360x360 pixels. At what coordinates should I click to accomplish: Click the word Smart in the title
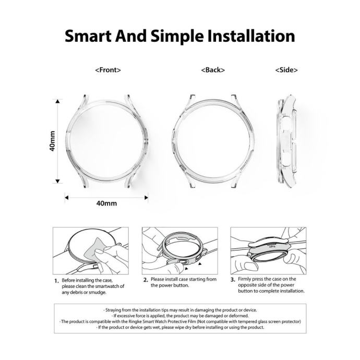coord(88,36)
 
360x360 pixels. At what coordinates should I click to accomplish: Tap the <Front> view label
coord(108,70)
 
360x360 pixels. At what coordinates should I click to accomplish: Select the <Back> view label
coord(213,70)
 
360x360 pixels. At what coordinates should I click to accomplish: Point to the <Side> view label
coord(286,70)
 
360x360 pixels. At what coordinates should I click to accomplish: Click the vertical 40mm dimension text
coord(53,141)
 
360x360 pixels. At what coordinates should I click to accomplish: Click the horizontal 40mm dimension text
coord(106,203)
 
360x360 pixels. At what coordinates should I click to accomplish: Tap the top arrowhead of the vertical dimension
coord(57,101)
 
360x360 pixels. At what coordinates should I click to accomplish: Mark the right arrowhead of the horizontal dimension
coord(146,198)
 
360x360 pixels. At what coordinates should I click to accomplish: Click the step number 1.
coord(56,281)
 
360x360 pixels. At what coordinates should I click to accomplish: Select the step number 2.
coord(146,280)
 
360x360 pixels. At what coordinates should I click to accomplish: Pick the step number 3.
coord(233,280)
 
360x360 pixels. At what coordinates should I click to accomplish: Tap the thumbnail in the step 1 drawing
coord(100,251)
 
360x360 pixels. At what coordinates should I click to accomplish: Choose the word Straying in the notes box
coord(113,310)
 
